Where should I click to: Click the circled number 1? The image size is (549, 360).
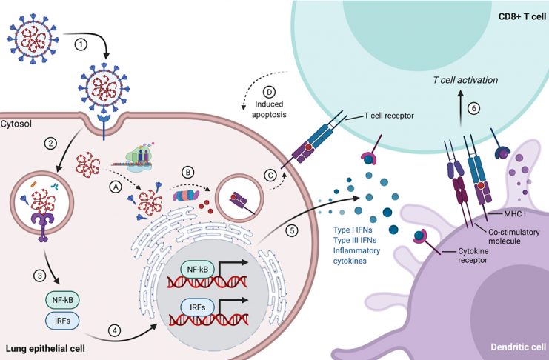[81, 44]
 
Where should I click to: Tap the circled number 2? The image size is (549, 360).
[51, 143]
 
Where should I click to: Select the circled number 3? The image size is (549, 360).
[39, 276]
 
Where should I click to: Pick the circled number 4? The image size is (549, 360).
[115, 331]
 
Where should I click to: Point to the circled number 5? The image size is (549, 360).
[292, 230]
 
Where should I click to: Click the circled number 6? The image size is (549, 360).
[474, 109]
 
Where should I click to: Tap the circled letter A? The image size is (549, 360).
[116, 187]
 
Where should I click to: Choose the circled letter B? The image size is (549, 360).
[188, 173]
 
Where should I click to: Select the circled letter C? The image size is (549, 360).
[270, 175]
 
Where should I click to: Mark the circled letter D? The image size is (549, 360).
[269, 92]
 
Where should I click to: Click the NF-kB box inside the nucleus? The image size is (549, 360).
[198, 270]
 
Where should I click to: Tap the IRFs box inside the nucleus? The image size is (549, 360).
[198, 307]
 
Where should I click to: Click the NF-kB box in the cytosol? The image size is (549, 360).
[62, 300]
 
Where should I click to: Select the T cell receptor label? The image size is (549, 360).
[389, 116]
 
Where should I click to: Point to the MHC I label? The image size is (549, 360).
[515, 213]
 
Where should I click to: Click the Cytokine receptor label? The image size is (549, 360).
[473, 256]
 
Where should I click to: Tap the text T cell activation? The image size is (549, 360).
[465, 80]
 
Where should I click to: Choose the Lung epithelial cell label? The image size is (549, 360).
[45, 349]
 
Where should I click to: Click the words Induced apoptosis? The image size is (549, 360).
[269, 110]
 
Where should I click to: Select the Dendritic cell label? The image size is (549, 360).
[518, 347]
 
